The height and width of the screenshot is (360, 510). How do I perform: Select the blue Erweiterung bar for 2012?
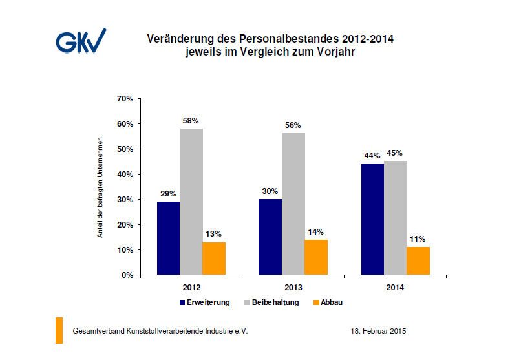(168, 238)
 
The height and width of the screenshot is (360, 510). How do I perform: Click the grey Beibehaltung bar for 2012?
(191, 202)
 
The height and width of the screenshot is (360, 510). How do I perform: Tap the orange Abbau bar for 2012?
(214, 259)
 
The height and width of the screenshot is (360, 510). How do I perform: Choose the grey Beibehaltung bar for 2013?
(293, 204)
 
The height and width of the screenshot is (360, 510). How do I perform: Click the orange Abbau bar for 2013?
(315, 257)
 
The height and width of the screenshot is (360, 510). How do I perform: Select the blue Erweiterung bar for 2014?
(372, 219)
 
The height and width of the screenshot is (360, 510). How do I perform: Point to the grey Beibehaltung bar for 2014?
(395, 218)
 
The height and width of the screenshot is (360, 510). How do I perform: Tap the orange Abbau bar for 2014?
(418, 260)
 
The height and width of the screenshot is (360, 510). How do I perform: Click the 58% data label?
(191, 121)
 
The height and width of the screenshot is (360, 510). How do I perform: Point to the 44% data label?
(372, 156)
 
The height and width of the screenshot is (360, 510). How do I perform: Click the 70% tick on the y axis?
(124, 99)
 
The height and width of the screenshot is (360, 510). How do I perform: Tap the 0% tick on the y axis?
(127, 275)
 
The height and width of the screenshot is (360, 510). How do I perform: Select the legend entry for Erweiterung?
(204, 302)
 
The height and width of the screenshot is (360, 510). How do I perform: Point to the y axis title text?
(100, 187)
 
